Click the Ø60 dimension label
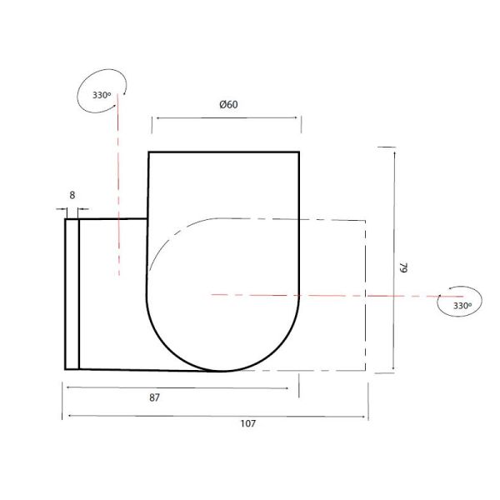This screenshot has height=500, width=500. click(229, 104)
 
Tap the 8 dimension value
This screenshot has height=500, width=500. click(72, 195)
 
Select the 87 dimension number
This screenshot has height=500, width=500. click(154, 398)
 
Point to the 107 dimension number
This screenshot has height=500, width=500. click(247, 423)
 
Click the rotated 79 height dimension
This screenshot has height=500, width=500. click(402, 268)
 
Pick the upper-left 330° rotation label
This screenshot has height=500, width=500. click(102, 95)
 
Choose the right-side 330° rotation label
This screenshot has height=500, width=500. click(462, 306)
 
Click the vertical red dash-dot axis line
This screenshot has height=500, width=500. click(118, 183)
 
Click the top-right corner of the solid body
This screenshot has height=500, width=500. click(299, 152)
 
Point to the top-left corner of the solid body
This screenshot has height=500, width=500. click(148, 152)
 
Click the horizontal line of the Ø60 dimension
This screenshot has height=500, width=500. click(225, 117)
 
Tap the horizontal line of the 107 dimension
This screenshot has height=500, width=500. click(217, 414)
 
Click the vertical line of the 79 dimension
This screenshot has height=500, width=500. click(393, 258)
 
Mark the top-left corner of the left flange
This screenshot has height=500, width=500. click(65, 219)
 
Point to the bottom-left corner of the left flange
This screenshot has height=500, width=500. click(65, 368)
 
